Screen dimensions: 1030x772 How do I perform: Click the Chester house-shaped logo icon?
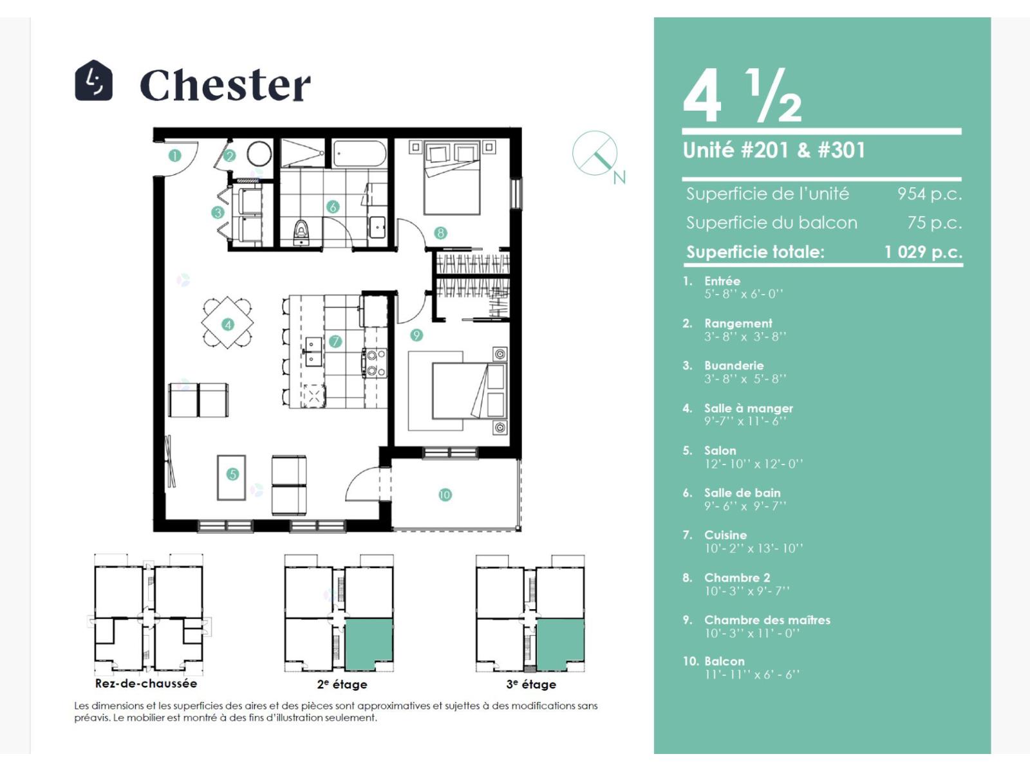pos(93,80)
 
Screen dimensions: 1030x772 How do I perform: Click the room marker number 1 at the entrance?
pos(175,155)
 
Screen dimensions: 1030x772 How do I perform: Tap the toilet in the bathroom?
pos(301,232)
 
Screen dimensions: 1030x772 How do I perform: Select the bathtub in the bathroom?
pos(360,154)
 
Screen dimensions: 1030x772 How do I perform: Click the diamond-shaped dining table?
pos(228,322)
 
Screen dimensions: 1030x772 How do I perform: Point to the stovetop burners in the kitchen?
pos(375,363)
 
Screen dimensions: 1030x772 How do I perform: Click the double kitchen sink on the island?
pos(313,351)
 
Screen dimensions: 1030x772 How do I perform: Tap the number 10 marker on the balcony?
pos(445,495)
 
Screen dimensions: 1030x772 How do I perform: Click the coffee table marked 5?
pos(231,477)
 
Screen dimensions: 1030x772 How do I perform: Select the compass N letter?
pos(619,177)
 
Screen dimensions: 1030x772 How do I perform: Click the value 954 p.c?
pos(930,194)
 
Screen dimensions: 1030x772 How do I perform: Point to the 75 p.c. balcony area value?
pos(934,222)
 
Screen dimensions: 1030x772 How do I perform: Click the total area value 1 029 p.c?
pos(924,252)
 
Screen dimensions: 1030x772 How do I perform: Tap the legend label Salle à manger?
pos(749,409)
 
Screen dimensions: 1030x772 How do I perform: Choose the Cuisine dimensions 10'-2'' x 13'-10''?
pos(753,548)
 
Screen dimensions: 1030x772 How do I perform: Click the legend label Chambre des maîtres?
pos(767,620)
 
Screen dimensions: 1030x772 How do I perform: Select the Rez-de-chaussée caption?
pos(146,683)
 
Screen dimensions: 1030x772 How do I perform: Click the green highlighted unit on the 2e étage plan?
pos(369,643)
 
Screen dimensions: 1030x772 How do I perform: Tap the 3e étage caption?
pos(531,684)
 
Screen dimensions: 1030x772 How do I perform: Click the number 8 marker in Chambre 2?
pos(440,232)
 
